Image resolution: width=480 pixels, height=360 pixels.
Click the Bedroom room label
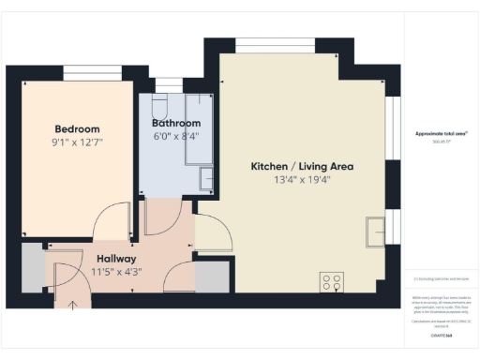(x=77, y=128)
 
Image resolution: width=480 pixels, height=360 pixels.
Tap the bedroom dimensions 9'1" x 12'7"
(x=77, y=142)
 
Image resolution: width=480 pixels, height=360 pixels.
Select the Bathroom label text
(x=176, y=123)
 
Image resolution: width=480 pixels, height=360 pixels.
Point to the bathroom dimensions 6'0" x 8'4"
(x=176, y=137)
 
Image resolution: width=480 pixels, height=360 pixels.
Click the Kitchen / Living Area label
(x=302, y=166)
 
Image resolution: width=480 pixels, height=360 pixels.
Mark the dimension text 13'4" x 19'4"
(x=302, y=180)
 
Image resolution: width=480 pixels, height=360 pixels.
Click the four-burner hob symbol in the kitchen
(x=332, y=282)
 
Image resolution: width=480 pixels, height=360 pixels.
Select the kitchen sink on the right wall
(x=376, y=228)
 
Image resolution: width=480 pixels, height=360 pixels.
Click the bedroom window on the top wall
(x=98, y=72)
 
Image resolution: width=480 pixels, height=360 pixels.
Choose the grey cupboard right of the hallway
(x=213, y=277)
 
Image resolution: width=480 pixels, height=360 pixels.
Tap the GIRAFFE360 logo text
(x=442, y=335)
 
